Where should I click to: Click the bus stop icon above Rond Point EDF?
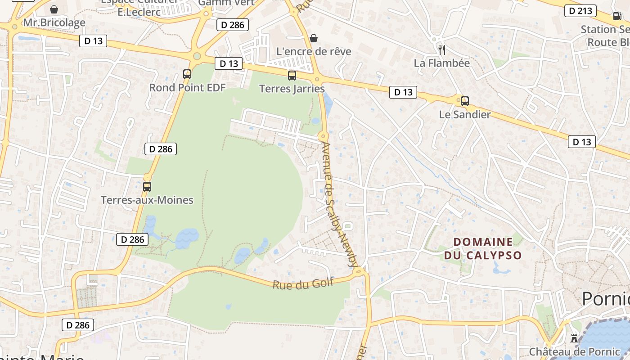[187, 74]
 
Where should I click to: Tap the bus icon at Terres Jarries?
[292, 76]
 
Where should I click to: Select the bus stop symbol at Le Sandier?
[465, 101]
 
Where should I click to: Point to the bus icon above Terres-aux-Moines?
[147, 186]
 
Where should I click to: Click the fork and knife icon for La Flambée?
[442, 49]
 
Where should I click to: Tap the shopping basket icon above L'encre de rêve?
[314, 38]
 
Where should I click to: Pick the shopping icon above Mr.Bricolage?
[54, 9]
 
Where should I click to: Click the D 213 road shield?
[580, 11]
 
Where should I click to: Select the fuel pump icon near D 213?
[616, 16]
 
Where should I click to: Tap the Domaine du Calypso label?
[483, 248]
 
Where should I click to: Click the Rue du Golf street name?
[303, 284]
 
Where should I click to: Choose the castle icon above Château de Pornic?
[574, 337]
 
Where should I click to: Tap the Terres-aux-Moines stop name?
[147, 200]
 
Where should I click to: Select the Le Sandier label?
[465, 114]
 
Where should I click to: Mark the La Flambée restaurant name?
[442, 63]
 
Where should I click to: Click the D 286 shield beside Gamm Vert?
[233, 25]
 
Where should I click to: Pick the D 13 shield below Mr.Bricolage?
[94, 41]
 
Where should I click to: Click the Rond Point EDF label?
[187, 87]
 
